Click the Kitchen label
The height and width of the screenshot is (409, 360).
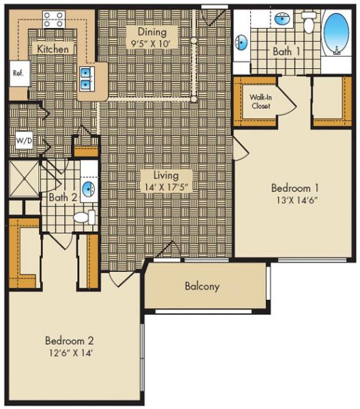point(52,49)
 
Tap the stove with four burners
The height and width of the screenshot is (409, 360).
point(53,20)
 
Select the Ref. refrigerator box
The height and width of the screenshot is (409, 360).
point(18,74)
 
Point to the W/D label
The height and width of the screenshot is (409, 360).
point(23,141)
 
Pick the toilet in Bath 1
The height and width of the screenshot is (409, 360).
point(310,25)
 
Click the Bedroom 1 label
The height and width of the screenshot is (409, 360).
point(295,187)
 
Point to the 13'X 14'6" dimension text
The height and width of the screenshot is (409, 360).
point(295,200)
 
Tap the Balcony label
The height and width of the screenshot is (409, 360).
point(202,286)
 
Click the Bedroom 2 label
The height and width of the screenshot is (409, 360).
point(69,340)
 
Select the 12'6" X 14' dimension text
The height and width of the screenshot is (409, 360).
point(69,352)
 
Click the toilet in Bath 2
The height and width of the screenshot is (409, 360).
point(82,217)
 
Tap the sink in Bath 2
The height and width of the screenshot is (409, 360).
point(87,187)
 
